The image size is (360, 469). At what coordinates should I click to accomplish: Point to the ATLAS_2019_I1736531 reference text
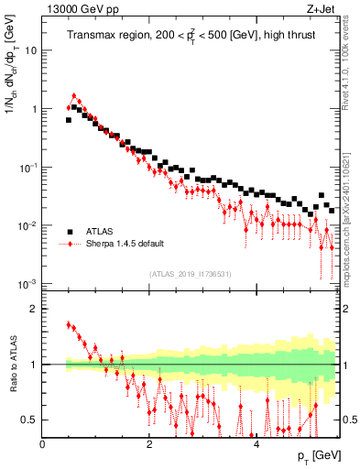(190, 274)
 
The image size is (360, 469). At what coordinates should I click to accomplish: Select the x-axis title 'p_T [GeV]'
(311, 455)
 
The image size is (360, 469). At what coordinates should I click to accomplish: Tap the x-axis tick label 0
(43, 443)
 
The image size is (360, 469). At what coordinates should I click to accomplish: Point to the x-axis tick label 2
(149, 443)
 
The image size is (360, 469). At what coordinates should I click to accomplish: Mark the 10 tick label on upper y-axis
(29, 50)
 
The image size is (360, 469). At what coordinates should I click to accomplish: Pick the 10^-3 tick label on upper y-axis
(27, 284)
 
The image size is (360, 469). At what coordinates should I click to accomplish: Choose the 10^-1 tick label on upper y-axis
(27, 167)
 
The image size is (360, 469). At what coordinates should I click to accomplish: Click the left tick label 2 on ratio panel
(33, 309)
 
